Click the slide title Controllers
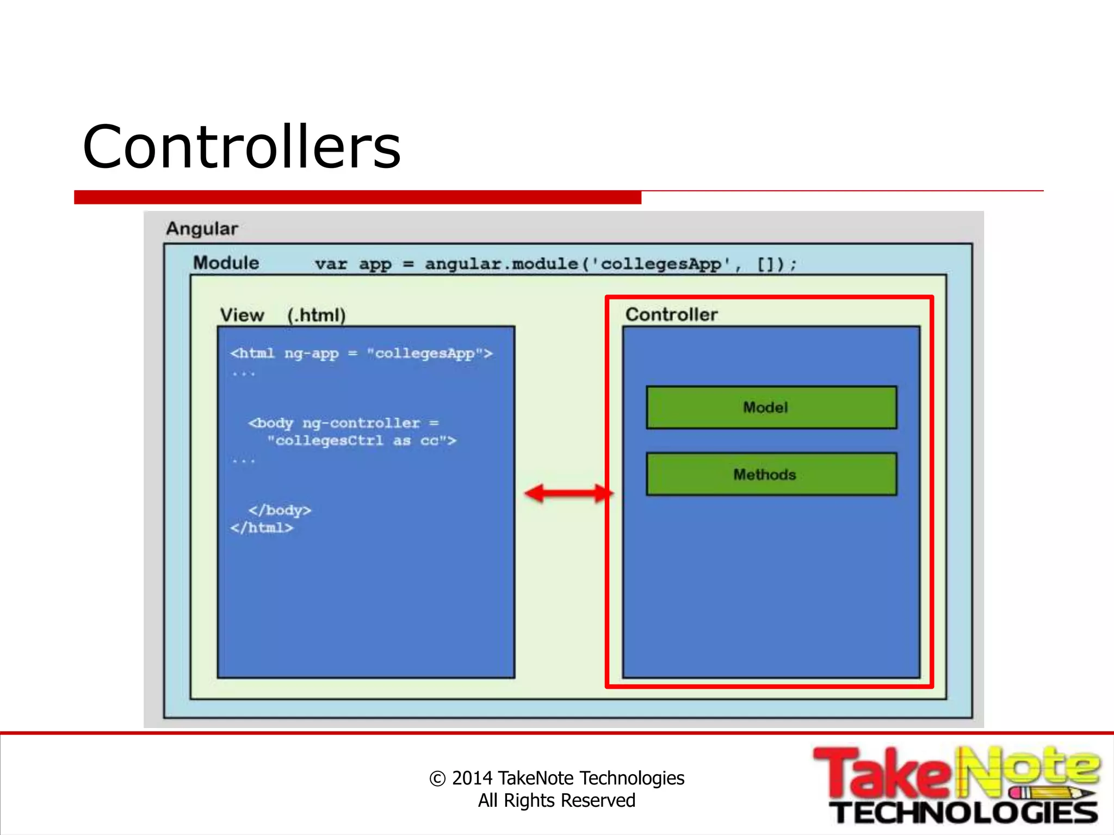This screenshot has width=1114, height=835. tap(242, 147)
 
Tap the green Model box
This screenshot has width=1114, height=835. tap(771, 408)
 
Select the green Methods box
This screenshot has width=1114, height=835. tap(771, 475)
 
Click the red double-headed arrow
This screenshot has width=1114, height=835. tap(568, 494)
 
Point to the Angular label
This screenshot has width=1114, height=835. tap(202, 229)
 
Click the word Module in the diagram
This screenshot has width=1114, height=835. tap(226, 263)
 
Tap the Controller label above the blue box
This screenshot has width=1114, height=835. tap(671, 315)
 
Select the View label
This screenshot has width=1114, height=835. tap(242, 315)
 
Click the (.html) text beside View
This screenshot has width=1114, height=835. tap(316, 315)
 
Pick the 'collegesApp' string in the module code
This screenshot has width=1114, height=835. tap(660, 264)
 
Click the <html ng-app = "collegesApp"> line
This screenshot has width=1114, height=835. tap(361, 354)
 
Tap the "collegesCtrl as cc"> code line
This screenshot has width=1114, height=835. tap(361, 441)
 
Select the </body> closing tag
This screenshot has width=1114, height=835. tap(280, 510)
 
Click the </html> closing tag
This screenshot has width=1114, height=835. tap(262, 528)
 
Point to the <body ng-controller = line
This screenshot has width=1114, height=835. tap(343, 423)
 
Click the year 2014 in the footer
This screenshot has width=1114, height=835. tap(472, 778)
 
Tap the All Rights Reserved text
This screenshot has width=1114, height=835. tap(556, 801)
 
